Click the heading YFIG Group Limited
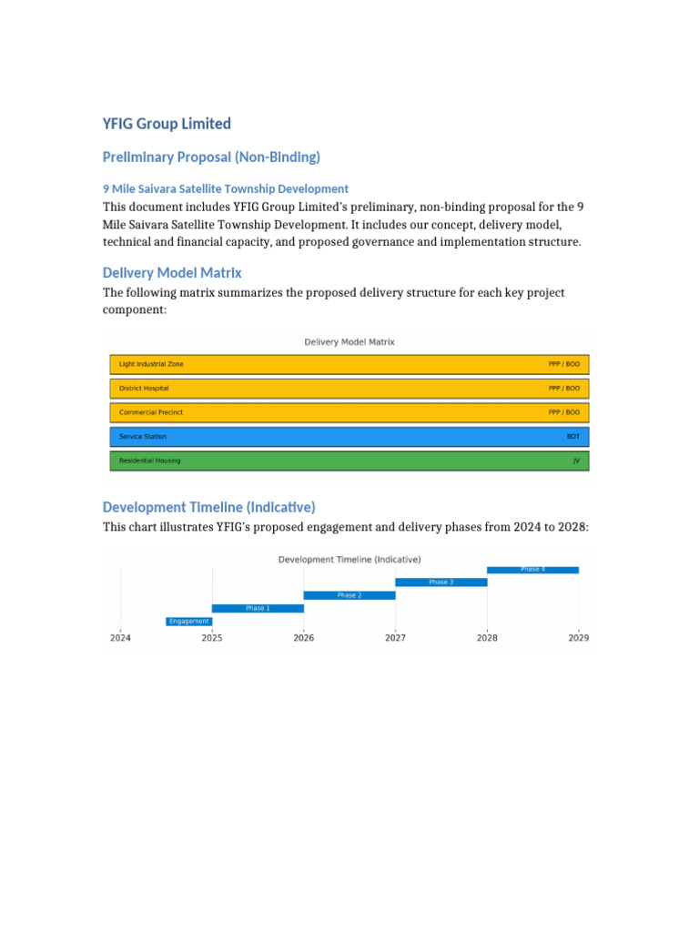[167, 124]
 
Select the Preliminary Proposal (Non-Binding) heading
[211, 157]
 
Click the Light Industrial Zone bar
[349, 364]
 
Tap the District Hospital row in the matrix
[349, 389]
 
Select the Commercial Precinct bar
[349, 412]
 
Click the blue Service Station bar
[349, 437]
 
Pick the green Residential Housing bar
[349, 461]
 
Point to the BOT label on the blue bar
[572, 437]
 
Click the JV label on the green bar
[575, 461]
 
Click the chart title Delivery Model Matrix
[349, 342]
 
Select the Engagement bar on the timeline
[188, 622]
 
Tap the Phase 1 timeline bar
[258, 608]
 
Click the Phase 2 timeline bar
[349, 595]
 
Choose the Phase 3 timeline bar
[441, 582]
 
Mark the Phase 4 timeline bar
[532, 570]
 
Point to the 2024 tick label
[120, 638]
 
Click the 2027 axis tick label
[395, 638]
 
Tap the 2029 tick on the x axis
[579, 638]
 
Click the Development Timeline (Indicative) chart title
[349, 559]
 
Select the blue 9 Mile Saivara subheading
[225, 188]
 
